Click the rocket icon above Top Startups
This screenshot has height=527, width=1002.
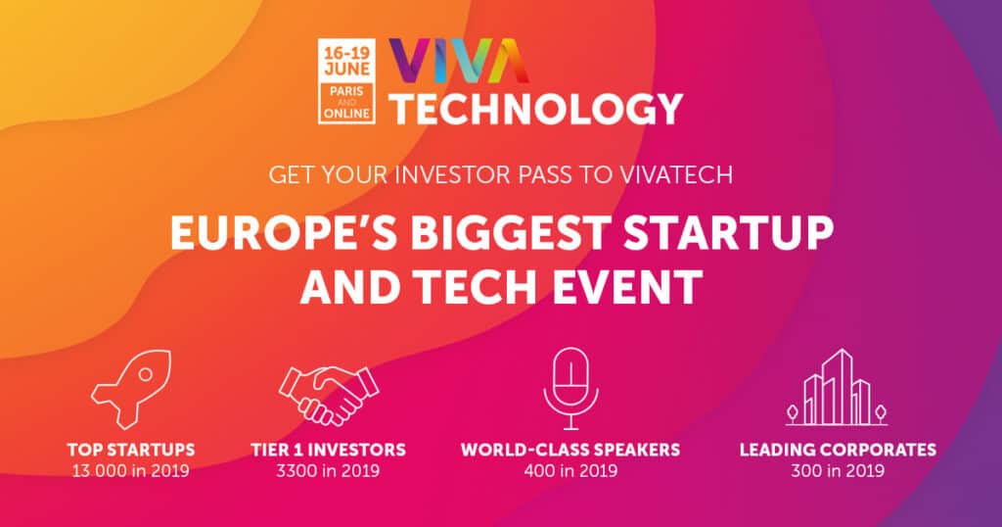131,390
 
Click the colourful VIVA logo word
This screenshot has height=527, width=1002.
458,64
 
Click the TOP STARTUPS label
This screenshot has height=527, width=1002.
131,451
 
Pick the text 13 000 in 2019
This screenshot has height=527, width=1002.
131,470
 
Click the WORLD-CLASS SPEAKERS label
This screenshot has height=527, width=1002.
570,451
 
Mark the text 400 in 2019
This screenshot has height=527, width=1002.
570,470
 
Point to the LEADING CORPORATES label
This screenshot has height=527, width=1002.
838,451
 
